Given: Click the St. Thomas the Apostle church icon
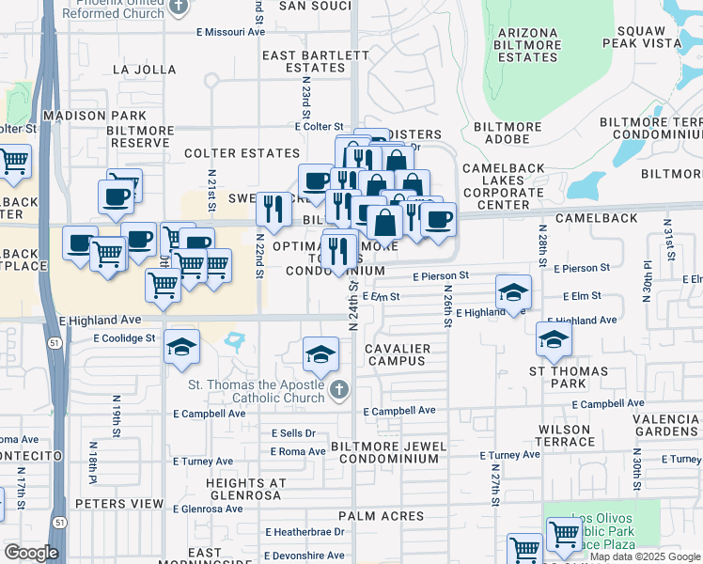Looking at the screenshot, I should coord(340,388).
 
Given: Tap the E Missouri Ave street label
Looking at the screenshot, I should coord(230,31).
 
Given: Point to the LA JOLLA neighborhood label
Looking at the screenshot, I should coord(144,70).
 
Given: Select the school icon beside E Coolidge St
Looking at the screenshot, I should coord(181,347).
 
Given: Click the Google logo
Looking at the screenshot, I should coord(31,553).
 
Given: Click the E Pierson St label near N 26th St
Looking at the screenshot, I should coord(441,276).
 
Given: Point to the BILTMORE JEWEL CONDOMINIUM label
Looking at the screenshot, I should coord(389,451).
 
